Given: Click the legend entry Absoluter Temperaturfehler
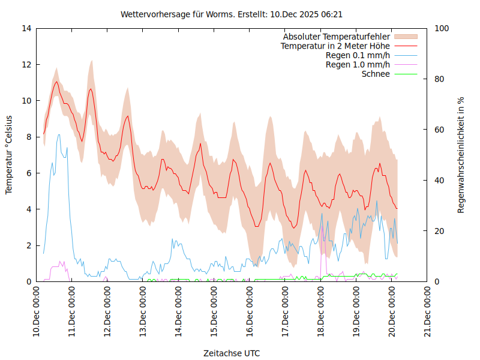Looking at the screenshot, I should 336,37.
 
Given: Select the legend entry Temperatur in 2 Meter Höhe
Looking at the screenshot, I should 335,46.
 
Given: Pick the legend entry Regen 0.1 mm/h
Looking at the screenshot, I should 358,55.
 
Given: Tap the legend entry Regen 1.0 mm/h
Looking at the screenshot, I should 358,65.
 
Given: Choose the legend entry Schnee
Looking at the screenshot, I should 376,74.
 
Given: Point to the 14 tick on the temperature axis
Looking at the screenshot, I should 26,28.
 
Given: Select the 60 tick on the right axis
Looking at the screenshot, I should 439,130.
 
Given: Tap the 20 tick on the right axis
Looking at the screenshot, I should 439,231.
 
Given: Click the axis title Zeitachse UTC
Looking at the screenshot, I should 231,353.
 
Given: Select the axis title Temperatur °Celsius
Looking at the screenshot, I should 9,154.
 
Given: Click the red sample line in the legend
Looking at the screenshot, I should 405,46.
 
